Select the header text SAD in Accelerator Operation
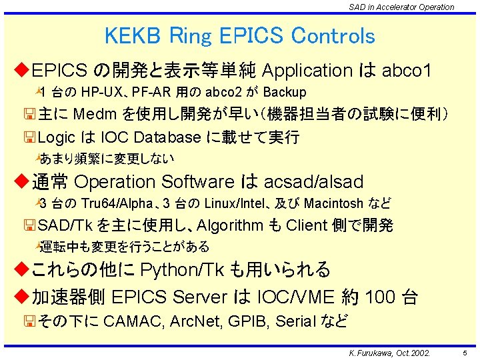pyautogui.click(x=401, y=7)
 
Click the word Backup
pyautogui.click(x=285, y=92)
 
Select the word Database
pyautogui.click(x=167, y=137)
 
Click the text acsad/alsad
pyautogui.click(x=314, y=181)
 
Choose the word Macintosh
pyautogui.click(x=329, y=203)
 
